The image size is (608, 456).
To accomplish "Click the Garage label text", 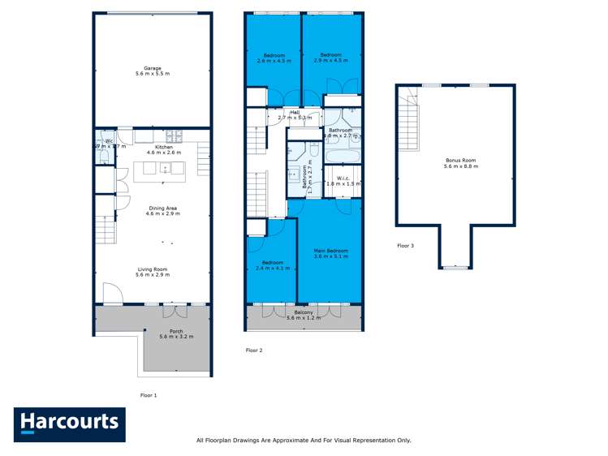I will (153, 68).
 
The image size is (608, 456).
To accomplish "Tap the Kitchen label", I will (153, 147).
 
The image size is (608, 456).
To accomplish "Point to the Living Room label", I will (151, 269).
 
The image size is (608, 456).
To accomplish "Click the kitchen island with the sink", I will (160, 169).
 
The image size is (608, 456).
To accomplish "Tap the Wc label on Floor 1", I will (109, 141).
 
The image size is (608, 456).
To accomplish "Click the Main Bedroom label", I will (330, 252).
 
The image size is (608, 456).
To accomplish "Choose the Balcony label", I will (304, 312).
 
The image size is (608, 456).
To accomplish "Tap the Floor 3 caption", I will (406, 245).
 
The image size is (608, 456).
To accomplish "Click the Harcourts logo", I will (70, 424).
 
